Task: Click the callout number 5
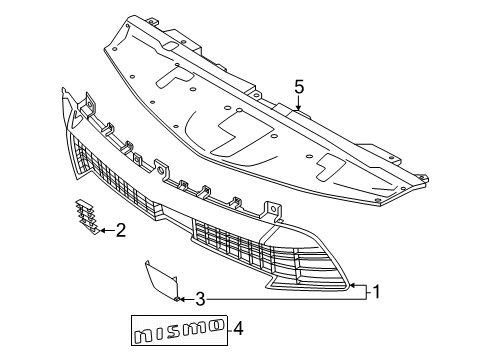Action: (299, 87)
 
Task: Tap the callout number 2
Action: (121, 230)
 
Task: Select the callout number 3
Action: (200, 299)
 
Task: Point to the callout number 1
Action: (377, 292)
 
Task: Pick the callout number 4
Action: (238, 329)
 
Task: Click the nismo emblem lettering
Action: (180, 331)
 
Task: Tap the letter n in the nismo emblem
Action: (144, 337)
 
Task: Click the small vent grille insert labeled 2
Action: (86, 216)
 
